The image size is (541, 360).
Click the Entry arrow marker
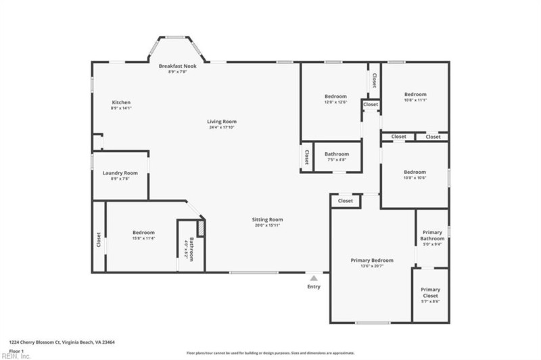[x=314, y=277]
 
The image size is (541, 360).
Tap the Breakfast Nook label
[x=177, y=66]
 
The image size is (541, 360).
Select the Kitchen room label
[x=121, y=102]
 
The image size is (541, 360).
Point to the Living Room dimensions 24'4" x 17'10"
[x=222, y=127]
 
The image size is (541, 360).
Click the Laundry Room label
[x=120, y=173]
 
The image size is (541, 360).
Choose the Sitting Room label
[x=267, y=219]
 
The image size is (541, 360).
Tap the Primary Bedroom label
[x=372, y=260]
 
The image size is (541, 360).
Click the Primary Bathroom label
[x=432, y=235]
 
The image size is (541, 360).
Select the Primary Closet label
[x=431, y=292]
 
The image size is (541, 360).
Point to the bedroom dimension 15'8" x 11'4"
[x=143, y=238]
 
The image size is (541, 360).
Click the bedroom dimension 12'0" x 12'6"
[x=335, y=102]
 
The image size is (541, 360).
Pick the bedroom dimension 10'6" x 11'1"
[x=415, y=99]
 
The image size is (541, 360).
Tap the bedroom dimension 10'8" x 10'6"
[x=415, y=177]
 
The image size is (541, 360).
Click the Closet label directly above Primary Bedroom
[x=346, y=201]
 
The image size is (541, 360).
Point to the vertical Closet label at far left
[x=99, y=240]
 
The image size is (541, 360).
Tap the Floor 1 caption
[x=16, y=351]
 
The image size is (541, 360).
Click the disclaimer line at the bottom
[x=270, y=353]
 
